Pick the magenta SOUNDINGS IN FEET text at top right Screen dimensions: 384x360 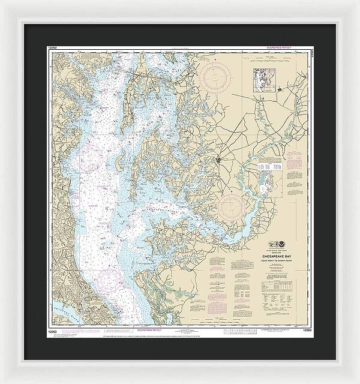[280, 46]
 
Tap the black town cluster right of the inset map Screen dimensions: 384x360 [281, 90]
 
